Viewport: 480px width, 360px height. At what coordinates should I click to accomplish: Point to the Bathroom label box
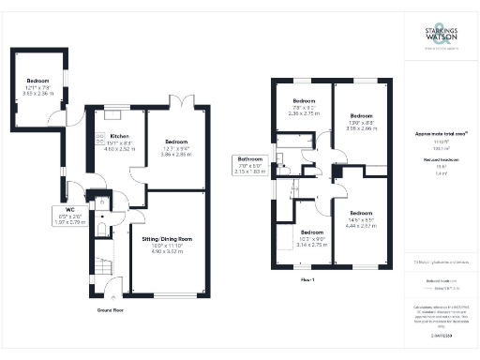coord(250,165)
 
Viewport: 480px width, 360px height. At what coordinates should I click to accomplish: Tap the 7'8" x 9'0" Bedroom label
coord(304,105)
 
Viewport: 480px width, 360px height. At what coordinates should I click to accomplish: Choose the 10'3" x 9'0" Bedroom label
coord(312,237)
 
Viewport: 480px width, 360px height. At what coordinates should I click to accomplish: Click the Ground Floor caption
coord(112,308)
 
